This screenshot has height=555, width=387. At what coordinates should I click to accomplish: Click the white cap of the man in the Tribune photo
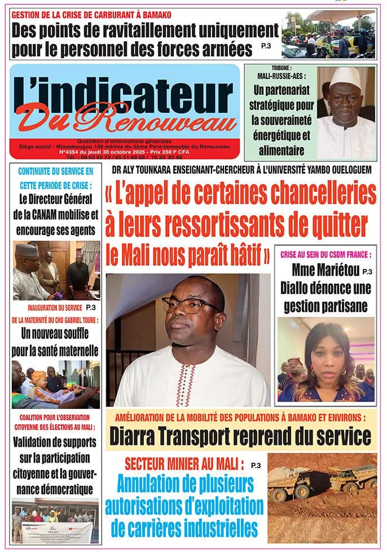coord(345,76)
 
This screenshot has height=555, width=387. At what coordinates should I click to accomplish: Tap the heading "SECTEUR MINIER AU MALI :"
coord(184,465)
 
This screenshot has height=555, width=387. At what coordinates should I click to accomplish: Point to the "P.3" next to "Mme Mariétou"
coord(367,271)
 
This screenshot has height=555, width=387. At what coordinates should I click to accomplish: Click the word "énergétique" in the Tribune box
coord(278,135)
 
